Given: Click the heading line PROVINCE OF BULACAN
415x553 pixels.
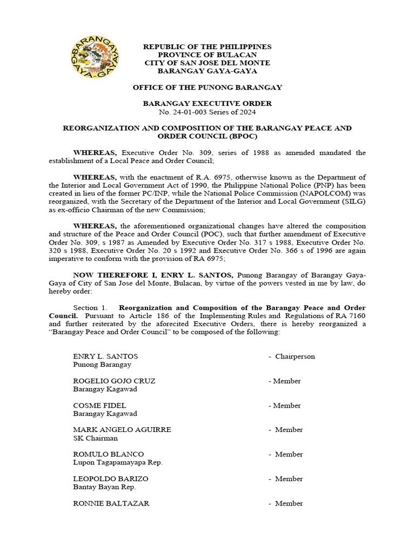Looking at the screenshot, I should point(207,55).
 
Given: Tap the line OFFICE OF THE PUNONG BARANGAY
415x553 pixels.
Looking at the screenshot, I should point(207,87).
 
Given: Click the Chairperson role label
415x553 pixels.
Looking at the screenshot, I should point(294,356).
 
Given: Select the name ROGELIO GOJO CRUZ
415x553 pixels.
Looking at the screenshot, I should point(114,381).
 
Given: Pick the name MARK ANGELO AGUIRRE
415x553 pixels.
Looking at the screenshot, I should point(122,430).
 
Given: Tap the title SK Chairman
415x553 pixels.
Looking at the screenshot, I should point(95,438).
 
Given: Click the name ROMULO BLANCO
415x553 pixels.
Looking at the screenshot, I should point(108,454).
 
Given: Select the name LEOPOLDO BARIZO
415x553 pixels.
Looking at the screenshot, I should point(110,479).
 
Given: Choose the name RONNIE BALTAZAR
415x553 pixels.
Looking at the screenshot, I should point(111,503).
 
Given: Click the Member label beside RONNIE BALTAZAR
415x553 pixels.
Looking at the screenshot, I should point(289,503).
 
